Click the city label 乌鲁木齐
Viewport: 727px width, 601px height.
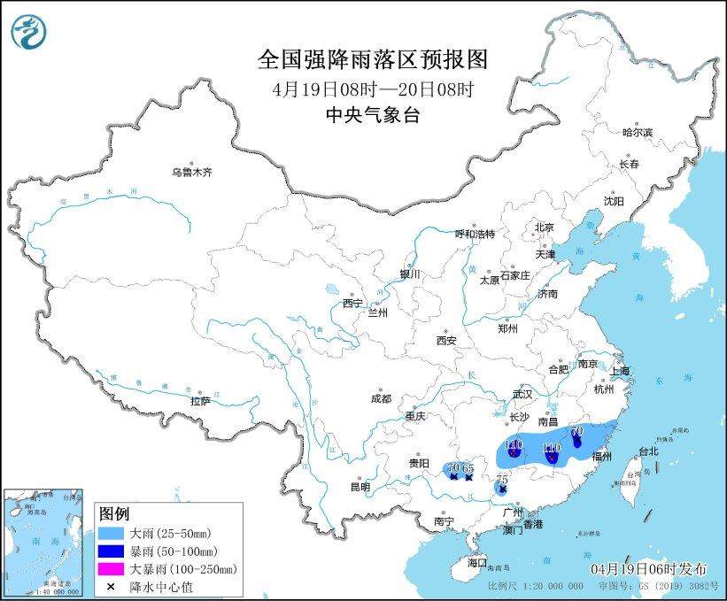192,172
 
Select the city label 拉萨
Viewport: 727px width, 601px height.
200,400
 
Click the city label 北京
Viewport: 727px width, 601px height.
543,227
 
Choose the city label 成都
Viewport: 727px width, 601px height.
382,398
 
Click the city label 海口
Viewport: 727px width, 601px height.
477,562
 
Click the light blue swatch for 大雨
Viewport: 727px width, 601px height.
112,534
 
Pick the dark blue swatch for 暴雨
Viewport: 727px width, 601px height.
112,551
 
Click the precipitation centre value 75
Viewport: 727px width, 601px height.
503,478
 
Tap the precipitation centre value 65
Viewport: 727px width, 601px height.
469,467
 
